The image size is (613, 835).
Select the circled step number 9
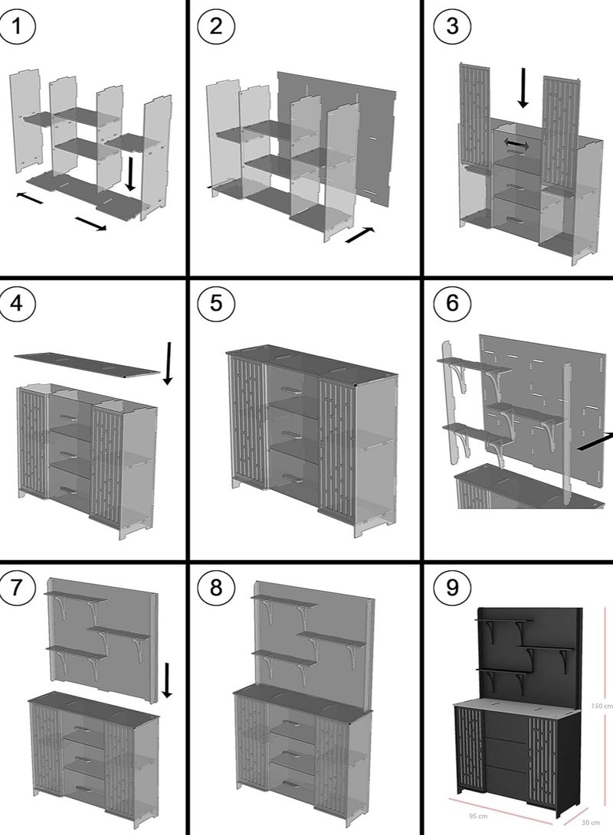pos(451,588)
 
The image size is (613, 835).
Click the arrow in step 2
pos(361,234)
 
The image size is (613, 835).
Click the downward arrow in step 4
pos(168,363)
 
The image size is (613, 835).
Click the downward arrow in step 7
pos(167,680)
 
